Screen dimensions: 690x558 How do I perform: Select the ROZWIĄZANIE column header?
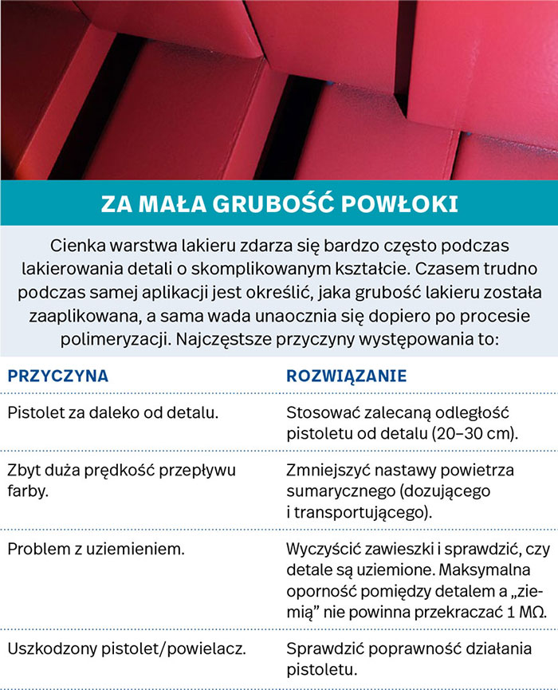(346, 375)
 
